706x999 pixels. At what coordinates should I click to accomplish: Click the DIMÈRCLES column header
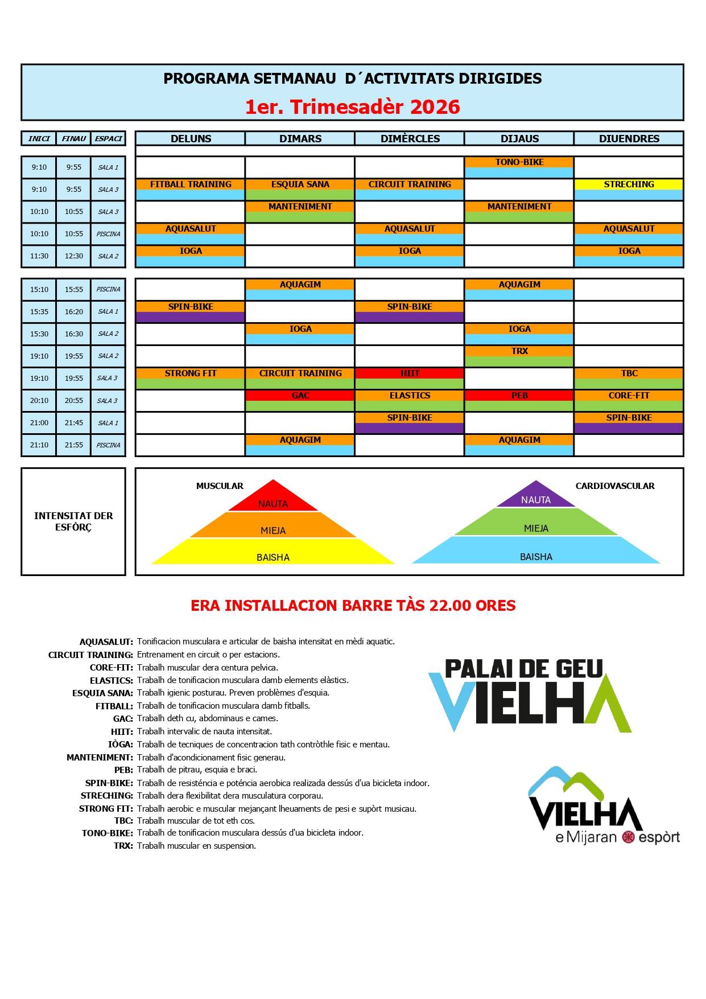click(x=410, y=138)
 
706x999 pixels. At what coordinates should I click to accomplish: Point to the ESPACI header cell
click(x=108, y=138)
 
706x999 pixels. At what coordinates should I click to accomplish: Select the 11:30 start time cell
click(x=39, y=256)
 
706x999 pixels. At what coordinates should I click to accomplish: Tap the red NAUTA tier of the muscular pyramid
click(x=273, y=500)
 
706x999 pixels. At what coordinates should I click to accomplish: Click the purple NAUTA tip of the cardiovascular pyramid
click(x=536, y=497)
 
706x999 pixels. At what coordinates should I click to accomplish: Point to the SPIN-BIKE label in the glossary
click(x=109, y=783)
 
